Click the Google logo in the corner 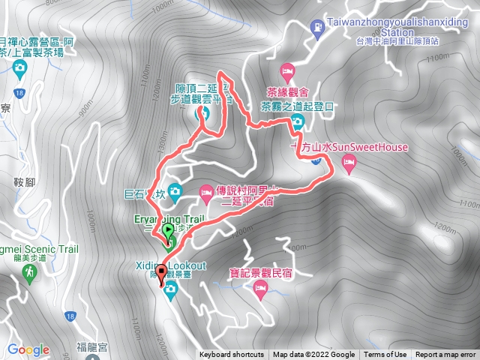pyautogui.click(x=28, y=349)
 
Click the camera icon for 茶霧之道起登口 pyautogui.click(x=296, y=122)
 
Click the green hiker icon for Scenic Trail pyautogui.click(x=30, y=272)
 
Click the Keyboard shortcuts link pyautogui.click(x=232, y=355)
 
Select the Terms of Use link pyautogui.click(x=385, y=355)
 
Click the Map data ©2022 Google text pyautogui.click(x=313, y=355)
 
